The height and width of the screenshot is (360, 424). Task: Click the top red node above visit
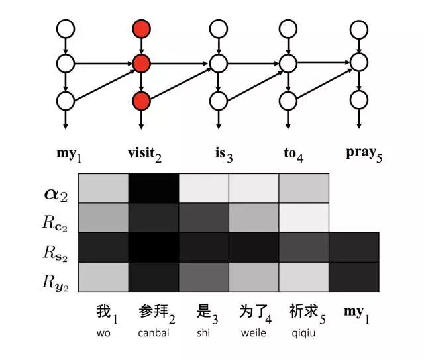click(x=141, y=28)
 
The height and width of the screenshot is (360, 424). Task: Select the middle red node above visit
click(x=141, y=64)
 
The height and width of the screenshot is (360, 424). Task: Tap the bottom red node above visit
click(x=141, y=101)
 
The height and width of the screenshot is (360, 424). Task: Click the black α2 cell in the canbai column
click(x=154, y=188)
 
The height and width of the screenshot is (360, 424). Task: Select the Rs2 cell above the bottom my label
click(x=354, y=247)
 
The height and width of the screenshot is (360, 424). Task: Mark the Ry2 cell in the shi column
click(x=203, y=277)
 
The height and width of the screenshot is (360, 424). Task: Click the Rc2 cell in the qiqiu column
click(x=303, y=217)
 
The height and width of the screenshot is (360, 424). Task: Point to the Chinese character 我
click(x=100, y=311)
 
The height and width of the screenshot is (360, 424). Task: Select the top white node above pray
click(x=358, y=28)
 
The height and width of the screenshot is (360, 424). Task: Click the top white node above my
click(x=66, y=28)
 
